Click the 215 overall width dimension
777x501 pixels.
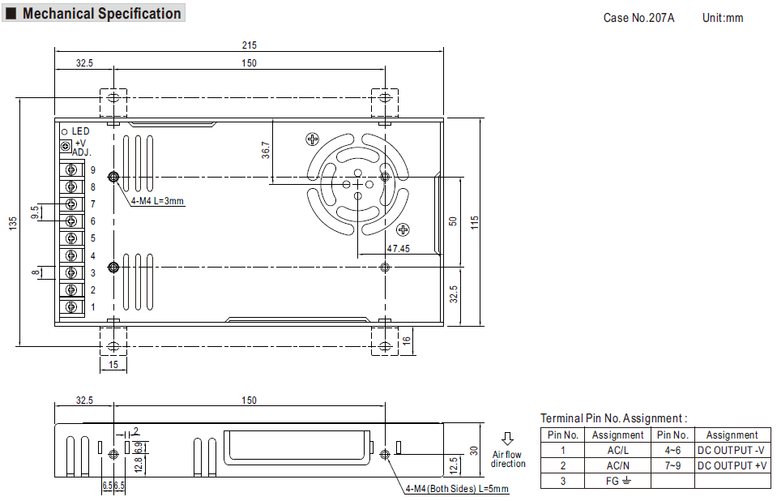[x=250, y=45]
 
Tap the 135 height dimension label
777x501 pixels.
[x=13, y=223]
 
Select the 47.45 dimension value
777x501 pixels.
[x=399, y=249]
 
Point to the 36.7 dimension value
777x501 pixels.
[x=266, y=150]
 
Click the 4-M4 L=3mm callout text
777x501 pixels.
[x=157, y=201]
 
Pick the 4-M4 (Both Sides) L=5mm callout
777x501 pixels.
[x=457, y=489]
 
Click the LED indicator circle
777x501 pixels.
[x=65, y=132]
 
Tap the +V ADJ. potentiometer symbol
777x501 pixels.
[x=66, y=147]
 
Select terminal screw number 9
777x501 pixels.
[x=71, y=169]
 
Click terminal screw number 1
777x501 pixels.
[x=71, y=306]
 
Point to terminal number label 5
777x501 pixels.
[x=92, y=238]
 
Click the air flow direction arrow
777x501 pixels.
[x=507, y=439]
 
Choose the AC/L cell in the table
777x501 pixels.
[x=617, y=451]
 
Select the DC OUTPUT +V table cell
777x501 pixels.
[x=732, y=466]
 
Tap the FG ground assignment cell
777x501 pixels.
[x=617, y=482]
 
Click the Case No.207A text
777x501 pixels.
[x=638, y=18]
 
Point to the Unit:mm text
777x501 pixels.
[x=723, y=18]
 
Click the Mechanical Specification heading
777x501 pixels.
[x=101, y=14]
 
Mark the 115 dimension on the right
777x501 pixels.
[x=475, y=222]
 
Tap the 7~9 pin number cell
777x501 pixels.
[x=672, y=466]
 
